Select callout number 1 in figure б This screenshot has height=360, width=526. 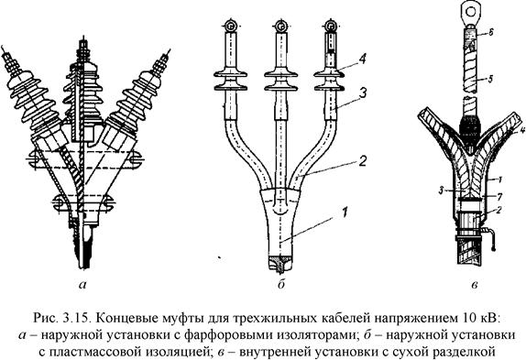pyautogui.click(x=345, y=213)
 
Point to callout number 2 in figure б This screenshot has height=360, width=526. pyautogui.click(x=362, y=160)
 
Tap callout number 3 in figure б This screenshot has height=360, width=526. pyautogui.click(x=362, y=93)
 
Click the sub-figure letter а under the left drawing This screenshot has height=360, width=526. pyautogui.click(x=82, y=285)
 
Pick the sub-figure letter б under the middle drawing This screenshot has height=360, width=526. pyautogui.click(x=280, y=284)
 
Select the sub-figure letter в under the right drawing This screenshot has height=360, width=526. pyautogui.click(x=475, y=285)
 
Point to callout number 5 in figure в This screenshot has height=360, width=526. pyautogui.click(x=490, y=79)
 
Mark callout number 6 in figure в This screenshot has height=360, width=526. pyautogui.click(x=490, y=32)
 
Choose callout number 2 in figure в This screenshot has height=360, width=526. pyautogui.click(x=499, y=211)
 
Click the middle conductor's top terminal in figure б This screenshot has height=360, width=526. pyautogui.click(x=281, y=26)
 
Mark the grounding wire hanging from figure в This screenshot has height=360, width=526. pyautogui.click(x=491, y=239)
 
